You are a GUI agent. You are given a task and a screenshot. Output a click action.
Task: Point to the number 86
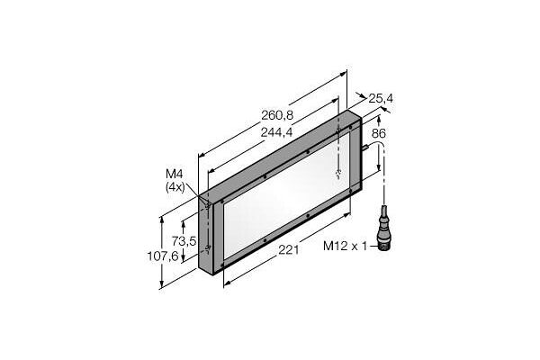379,133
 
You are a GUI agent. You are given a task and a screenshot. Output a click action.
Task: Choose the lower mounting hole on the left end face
209,248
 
